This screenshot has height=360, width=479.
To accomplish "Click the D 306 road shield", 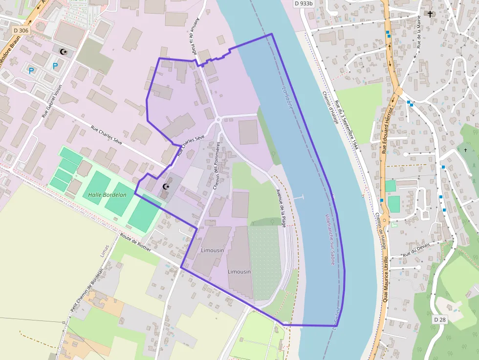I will coord(21,30).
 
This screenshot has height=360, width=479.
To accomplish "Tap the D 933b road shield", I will coord(303,3).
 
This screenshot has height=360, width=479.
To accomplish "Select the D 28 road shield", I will coord(440,319).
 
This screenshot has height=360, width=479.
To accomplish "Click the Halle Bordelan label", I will coord(108,195).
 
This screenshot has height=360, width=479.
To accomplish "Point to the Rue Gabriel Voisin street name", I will coord(52,101).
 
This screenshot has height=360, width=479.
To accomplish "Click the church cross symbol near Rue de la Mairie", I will coord(430,14).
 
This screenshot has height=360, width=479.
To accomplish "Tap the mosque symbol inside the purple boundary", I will coord(165,187).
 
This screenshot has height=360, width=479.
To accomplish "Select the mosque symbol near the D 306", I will coord(62,51).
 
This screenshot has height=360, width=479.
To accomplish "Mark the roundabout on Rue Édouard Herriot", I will coord(398,90).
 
